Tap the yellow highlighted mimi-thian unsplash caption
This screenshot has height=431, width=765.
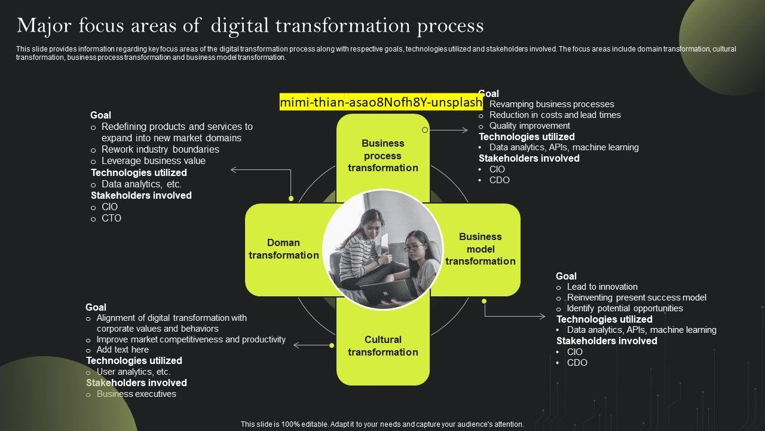pos(381,102)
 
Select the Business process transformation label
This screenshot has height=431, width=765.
pos(383,156)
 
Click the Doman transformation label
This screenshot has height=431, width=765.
pos(284,249)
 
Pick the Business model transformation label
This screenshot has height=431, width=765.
pos(481,249)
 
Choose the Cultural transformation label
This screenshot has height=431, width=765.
pos(383,346)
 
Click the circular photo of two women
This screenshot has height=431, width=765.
pos(382,249)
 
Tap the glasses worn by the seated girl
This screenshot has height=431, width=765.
pos(413,247)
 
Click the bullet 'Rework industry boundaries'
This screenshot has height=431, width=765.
pos(160,150)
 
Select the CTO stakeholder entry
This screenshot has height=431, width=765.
pos(111,218)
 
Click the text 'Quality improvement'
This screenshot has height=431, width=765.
pos(530,126)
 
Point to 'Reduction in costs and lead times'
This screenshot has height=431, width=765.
pos(555,115)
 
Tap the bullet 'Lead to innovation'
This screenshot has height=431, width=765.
pos(602,287)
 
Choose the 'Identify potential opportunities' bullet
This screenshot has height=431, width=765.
pos(625,308)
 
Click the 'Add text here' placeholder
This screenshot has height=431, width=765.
pos(123,350)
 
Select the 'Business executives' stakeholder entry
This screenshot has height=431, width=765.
pos(136,394)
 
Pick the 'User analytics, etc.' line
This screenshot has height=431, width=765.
pos(133,372)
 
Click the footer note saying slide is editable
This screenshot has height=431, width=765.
pos(382,424)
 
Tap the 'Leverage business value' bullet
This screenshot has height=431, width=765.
pos(153,161)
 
